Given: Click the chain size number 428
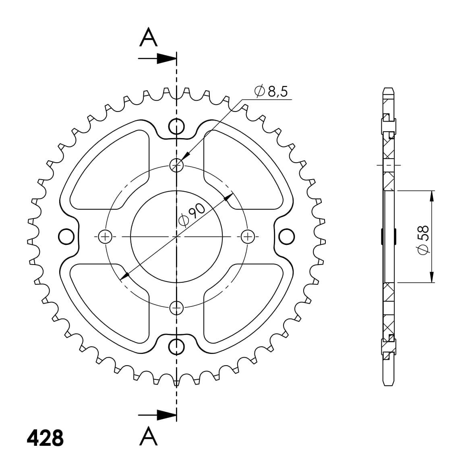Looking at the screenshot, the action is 45,438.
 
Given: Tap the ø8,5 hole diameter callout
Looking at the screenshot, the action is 271,91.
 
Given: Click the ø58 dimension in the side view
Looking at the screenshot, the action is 423,240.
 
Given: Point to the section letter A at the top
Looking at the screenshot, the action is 149,37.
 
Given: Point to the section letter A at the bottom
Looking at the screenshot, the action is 149,436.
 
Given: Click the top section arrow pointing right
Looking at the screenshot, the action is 157,58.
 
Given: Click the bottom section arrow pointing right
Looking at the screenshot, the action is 157,415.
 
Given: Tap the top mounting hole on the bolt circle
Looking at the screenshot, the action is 176,165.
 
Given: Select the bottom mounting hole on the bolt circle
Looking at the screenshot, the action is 176,308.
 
